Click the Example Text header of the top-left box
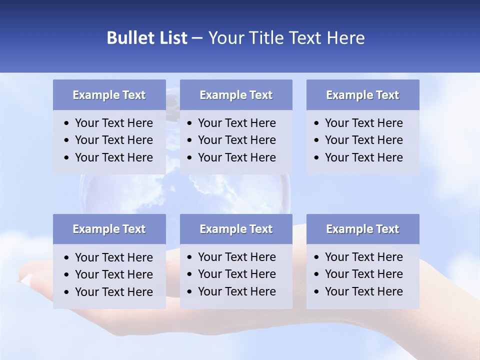[109, 95]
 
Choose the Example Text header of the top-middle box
[236, 95]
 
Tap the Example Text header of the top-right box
[362, 95]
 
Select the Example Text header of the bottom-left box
[109, 229]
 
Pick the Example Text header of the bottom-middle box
[236, 229]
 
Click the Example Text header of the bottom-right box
[362, 229]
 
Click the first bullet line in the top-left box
[113, 123]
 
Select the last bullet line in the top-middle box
[236, 157]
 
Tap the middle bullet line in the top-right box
[363, 140]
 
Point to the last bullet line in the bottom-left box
[113, 292]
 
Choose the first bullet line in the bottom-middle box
[236, 257]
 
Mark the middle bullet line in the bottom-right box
[363, 274]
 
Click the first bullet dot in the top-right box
[316, 123]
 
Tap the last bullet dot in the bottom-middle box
[189, 292]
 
